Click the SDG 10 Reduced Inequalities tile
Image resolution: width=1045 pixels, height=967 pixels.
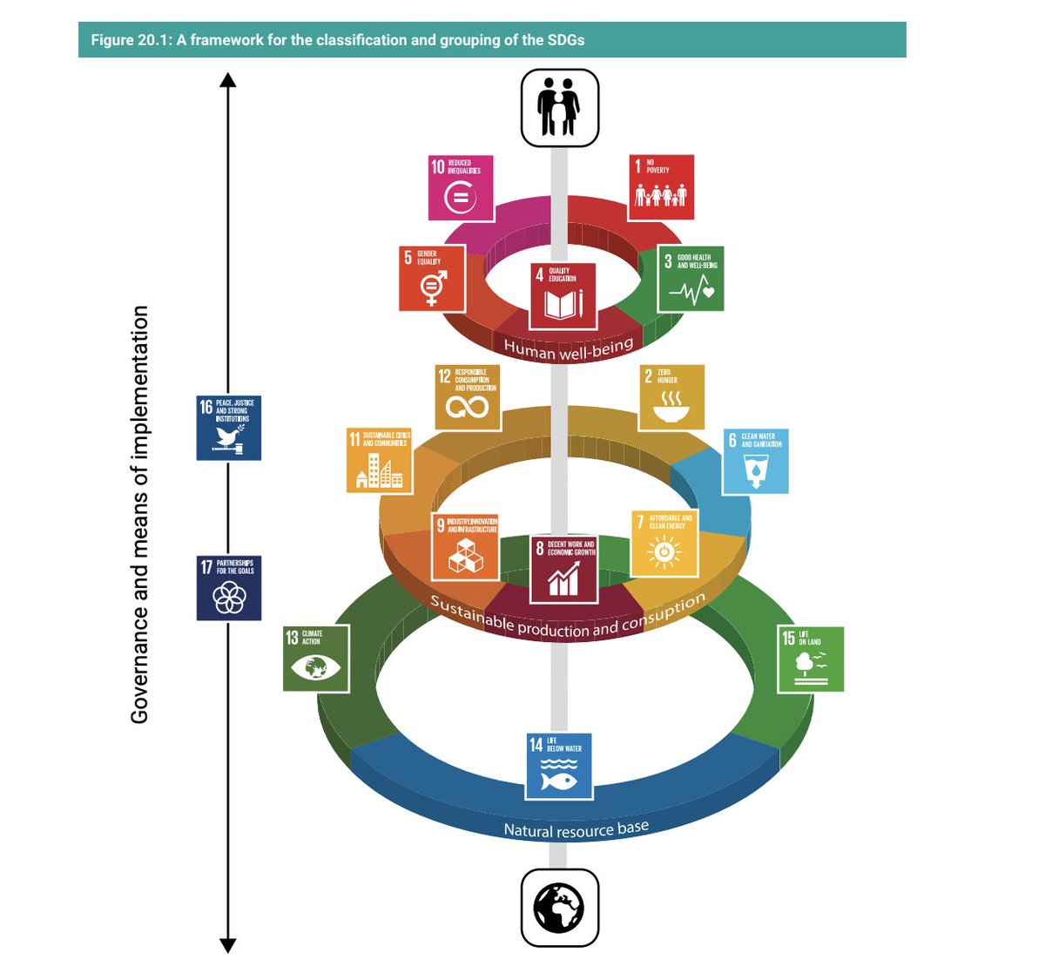pyautogui.click(x=461, y=188)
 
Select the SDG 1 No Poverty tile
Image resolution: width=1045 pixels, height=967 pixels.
pyautogui.click(x=661, y=187)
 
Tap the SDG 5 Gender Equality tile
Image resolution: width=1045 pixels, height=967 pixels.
pyautogui.click(x=431, y=279)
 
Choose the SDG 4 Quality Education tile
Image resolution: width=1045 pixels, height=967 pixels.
pyautogui.click(x=563, y=295)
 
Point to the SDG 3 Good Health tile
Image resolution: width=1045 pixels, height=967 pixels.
pyautogui.click(x=691, y=279)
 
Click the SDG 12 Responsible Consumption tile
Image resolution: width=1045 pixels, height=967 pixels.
pyautogui.click(x=468, y=397)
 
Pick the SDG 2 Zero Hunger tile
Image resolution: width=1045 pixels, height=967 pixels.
pyautogui.click(x=671, y=397)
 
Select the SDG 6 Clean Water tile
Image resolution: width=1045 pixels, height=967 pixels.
pyautogui.click(x=756, y=461)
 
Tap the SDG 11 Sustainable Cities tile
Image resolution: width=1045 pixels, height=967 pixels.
pyautogui.click(x=379, y=461)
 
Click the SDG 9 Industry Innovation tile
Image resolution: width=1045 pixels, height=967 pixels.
pyautogui.click(x=465, y=547)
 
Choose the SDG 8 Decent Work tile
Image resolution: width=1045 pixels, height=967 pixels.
pyautogui.click(x=563, y=569)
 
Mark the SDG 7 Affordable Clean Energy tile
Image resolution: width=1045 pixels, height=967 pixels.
pyautogui.click(x=664, y=544)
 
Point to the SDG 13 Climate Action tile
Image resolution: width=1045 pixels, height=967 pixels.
pyautogui.click(x=316, y=659)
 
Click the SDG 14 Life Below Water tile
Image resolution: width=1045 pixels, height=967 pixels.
pyautogui.click(x=558, y=767)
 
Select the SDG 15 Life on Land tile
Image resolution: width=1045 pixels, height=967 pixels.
pyautogui.click(x=811, y=659)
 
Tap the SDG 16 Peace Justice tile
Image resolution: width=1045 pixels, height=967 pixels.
pyautogui.click(x=228, y=428)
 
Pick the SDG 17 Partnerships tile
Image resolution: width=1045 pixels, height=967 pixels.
pyautogui.click(x=228, y=588)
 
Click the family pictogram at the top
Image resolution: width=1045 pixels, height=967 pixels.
pyautogui.click(x=559, y=108)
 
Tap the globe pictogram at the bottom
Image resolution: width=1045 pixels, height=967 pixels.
pyautogui.click(x=559, y=907)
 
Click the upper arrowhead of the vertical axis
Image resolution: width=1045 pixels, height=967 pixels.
pyautogui.click(x=228, y=80)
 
